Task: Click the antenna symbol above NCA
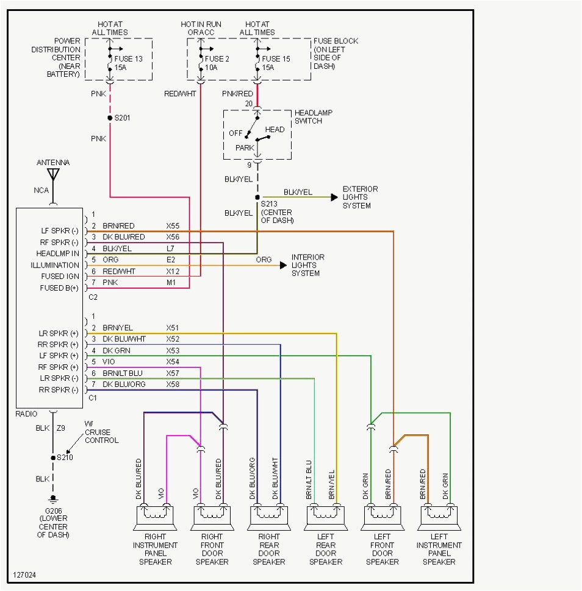pos(53,175)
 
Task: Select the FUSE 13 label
pos(128,59)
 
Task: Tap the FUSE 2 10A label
pos(217,63)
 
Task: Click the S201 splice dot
pos(110,118)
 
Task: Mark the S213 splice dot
pos(257,197)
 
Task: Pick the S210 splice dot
pos(53,458)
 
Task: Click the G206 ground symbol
pos(53,498)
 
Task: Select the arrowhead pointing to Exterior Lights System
pos(334,197)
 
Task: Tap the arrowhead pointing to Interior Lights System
pos(283,265)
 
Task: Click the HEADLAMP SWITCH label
pos(317,117)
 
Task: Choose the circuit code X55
pos(173,226)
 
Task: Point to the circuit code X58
pos(173,385)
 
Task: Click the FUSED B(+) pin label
pos(59,288)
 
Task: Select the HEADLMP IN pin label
pos(58,253)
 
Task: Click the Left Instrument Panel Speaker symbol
pos(439,517)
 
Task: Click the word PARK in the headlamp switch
pos(245,147)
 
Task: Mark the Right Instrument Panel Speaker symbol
pos(154,517)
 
